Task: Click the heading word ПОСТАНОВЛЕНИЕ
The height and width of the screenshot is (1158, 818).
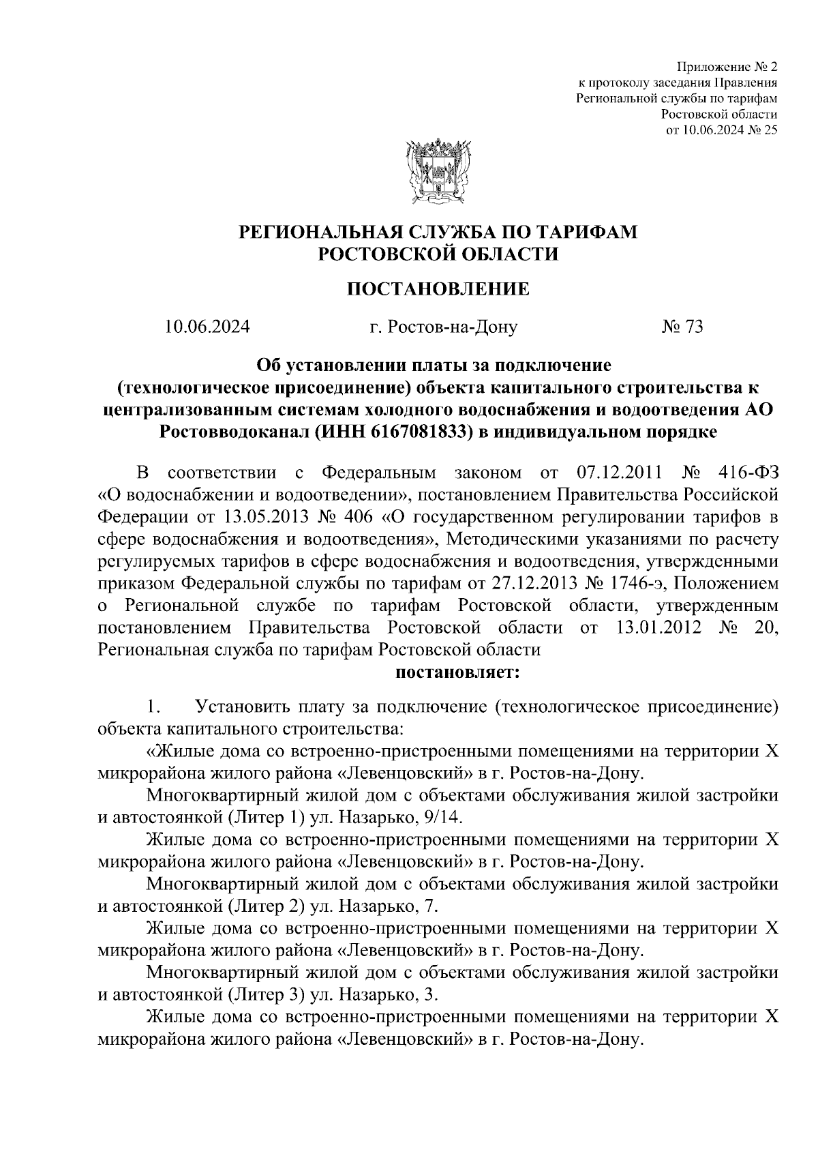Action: (438, 289)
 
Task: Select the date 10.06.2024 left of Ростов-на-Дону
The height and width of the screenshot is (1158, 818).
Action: (207, 327)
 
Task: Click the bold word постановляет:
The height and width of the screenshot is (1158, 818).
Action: (457, 672)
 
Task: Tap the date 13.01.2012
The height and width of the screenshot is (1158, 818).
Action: (658, 627)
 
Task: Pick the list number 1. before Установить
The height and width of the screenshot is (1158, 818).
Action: (153, 707)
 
